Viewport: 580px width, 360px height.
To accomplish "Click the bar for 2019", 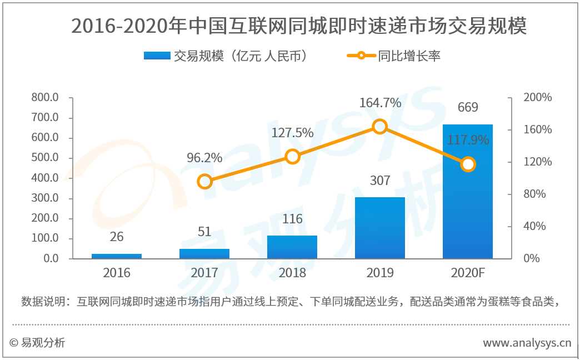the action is [x=380, y=228].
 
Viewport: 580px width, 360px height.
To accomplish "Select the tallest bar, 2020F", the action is [x=468, y=191].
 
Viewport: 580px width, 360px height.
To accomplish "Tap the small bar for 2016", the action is [x=117, y=256].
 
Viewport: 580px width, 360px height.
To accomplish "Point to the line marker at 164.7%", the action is [x=380, y=127].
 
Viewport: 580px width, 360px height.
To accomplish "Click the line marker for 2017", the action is [x=204, y=182].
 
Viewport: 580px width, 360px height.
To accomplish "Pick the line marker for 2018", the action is [x=292, y=157].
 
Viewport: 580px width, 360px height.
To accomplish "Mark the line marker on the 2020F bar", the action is [x=468, y=164].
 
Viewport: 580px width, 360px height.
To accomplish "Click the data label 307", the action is [x=380, y=181].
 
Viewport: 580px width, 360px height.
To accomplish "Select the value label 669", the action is [x=468, y=107].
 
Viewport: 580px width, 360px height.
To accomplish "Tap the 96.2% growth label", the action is [x=204, y=158].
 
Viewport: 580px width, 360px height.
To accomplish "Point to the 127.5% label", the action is [x=292, y=133].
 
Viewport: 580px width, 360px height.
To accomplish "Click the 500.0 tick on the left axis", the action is [x=46, y=158].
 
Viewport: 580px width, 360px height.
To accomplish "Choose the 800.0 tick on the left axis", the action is [x=46, y=98].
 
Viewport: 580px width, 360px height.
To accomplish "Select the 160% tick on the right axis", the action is [x=537, y=129].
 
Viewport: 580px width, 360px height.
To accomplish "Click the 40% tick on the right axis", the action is [x=534, y=226].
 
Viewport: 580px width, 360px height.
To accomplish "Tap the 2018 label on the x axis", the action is [x=292, y=273].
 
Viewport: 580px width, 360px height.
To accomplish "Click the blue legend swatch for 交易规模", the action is [x=157, y=56].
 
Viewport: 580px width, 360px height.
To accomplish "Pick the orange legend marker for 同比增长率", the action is [x=361, y=56].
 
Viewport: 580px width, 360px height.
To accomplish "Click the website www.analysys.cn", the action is [x=527, y=343].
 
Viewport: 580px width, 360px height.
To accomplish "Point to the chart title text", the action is [x=299, y=26].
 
